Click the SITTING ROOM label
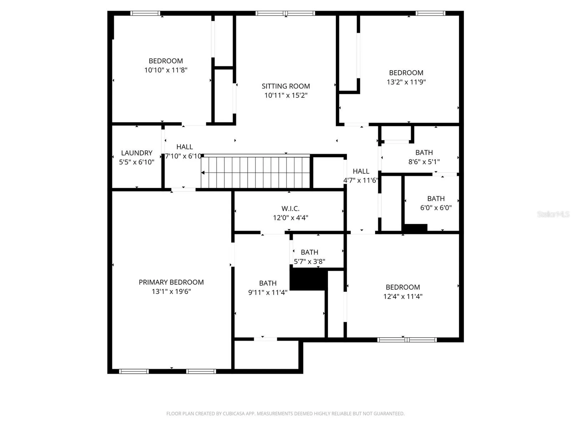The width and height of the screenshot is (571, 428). click(x=285, y=86)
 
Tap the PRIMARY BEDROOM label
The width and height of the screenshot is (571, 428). click(x=171, y=282)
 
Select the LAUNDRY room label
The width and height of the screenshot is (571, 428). click(x=137, y=153)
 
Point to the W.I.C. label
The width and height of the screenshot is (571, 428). click(x=290, y=209)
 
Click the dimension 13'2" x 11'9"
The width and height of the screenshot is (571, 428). click(x=406, y=82)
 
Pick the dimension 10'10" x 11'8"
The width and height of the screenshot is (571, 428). click(x=166, y=70)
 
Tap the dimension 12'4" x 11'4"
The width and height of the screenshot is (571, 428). click(x=403, y=296)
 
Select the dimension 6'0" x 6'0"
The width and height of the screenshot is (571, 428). click(x=436, y=208)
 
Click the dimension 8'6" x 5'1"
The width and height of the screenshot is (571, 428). click(x=424, y=162)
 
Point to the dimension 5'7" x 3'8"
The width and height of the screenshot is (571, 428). click(x=309, y=262)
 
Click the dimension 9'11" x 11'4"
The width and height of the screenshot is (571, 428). click(x=268, y=292)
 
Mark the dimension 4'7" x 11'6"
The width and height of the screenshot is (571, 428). click(x=361, y=180)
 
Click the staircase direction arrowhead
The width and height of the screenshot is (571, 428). click(x=203, y=173)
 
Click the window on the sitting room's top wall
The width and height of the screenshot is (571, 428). click(x=285, y=13)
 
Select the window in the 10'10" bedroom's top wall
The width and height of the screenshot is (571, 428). click(x=145, y=13)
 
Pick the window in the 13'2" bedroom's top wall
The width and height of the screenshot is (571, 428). click(x=430, y=13)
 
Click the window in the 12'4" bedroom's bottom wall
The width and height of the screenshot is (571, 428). click(x=407, y=340)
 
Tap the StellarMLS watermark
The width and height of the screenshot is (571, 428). click(x=553, y=214)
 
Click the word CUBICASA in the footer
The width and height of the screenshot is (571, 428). click(x=233, y=414)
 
